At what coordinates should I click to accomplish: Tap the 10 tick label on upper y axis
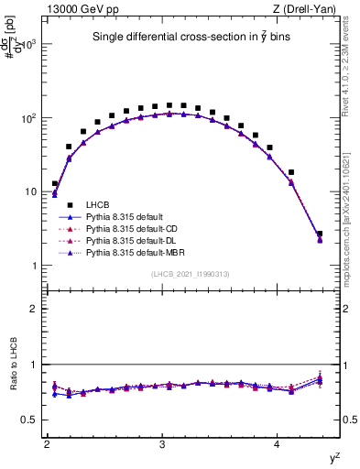(x=32, y=191)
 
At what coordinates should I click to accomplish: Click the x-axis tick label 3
(x=162, y=444)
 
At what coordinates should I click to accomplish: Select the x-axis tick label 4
(x=278, y=444)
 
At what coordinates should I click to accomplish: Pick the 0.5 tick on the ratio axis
(x=31, y=420)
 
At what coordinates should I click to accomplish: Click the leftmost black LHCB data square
(x=55, y=184)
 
